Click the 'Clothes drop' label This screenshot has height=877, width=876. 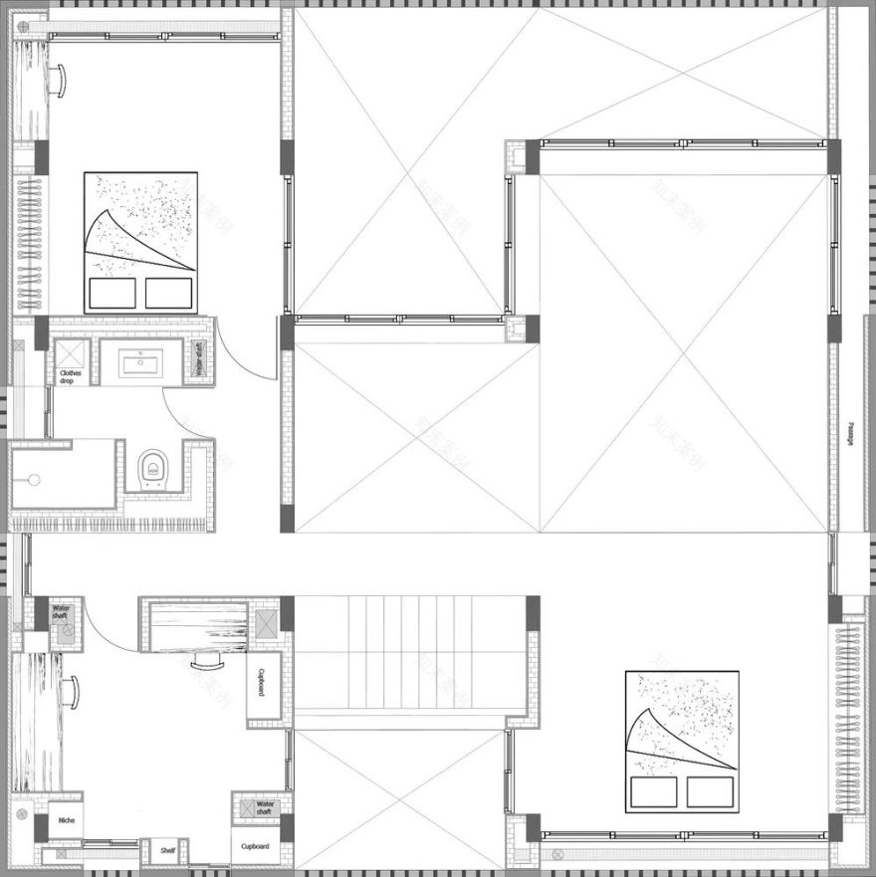click(x=72, y=376)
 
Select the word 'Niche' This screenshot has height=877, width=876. click(x=66, y=821)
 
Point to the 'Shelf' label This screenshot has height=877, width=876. click(x=168, y=850)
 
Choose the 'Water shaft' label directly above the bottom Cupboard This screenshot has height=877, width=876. click(x=265, y=807)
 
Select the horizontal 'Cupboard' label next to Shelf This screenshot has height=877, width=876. click(x=255, y=847)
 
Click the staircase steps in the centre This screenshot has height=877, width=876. click(x=408, y=652)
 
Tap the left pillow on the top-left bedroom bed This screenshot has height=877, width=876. click(x=111, y=293)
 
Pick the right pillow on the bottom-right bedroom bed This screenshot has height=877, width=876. click(x=710, y=792)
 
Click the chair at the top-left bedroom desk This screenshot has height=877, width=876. click(x=60, y=78)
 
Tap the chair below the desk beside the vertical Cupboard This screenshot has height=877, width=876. click(x=207, y=662)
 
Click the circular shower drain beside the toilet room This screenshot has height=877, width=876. click(x=34, y=480)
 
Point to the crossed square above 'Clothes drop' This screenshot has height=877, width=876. click(x=70, y=354)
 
